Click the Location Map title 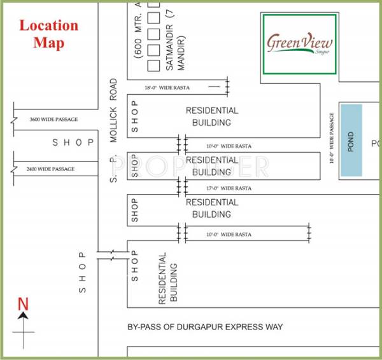(x=48, y=34)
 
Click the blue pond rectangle (x=350, y=141)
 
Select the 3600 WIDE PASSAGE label (x=53, y=119)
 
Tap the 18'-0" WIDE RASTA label (x=167, y=87)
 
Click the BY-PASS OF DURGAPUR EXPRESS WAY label (x=205, y=327)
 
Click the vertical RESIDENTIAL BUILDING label (x=167, y=277)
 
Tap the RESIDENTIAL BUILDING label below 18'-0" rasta (x=213, y=116)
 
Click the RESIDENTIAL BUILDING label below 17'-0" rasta (x=212, y=208)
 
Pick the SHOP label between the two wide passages (x=74, y=142)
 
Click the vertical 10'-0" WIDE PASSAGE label (x=332, y=139)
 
